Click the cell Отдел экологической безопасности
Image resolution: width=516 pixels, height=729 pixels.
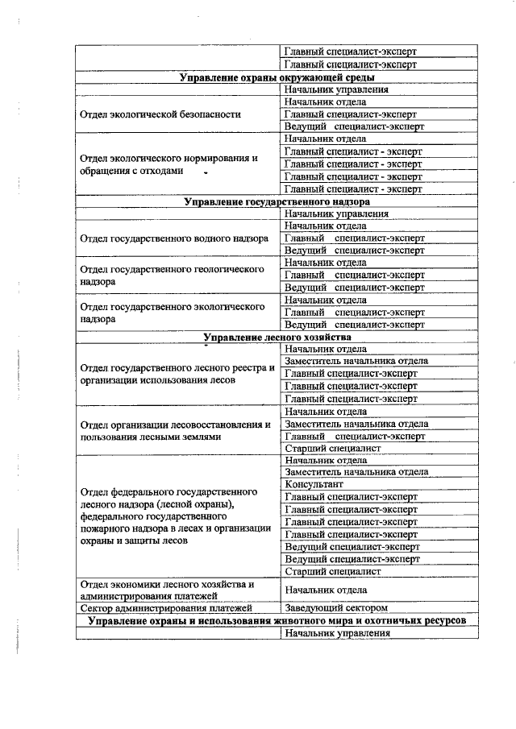point(160,114)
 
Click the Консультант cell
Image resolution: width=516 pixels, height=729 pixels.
point(314,485)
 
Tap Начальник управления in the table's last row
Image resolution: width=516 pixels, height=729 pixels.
point(337,633)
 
